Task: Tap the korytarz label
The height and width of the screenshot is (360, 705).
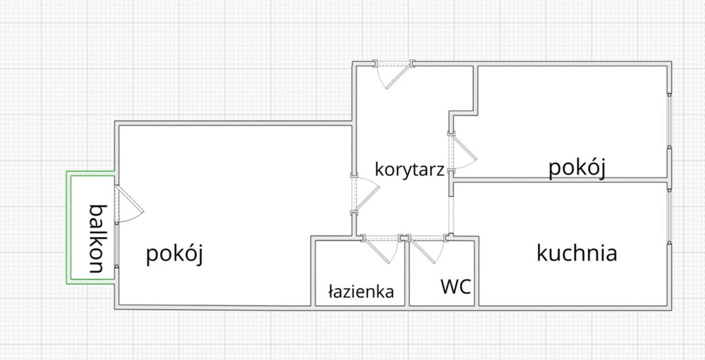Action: (410, 169)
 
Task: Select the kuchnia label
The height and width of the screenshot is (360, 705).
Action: (576, 253)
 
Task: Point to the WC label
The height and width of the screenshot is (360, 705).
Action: (456, 287)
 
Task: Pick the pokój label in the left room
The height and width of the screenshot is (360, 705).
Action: (175, 254)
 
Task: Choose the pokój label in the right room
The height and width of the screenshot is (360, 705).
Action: (577, 168)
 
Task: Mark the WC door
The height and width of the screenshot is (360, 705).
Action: (427, 249)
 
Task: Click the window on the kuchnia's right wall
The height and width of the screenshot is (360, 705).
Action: (670, 217)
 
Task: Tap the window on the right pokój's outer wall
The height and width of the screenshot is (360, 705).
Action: (670, 120)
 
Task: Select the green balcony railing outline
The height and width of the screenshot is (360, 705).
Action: (90, 227)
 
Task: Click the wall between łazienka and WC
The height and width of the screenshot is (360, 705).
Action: (407, 273)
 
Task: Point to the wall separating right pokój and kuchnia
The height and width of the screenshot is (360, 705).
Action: (560, 180)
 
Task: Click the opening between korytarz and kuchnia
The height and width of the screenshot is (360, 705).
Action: (451, 215)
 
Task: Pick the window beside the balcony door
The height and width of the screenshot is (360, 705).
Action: (117, 245)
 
